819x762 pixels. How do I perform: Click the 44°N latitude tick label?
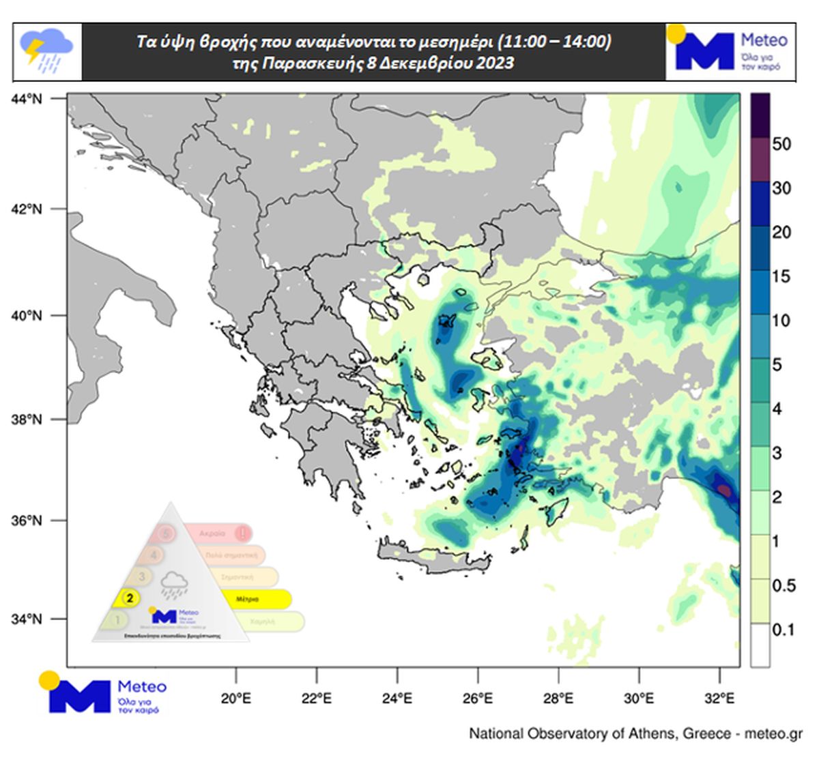(27, 100)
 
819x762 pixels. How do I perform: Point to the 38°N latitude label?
(27, 420)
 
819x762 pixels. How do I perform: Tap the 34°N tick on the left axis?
(27, 619)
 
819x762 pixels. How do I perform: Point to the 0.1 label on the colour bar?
(783, 629)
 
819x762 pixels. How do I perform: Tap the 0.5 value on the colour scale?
(783, 585)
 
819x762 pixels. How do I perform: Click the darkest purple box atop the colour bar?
(760, 115)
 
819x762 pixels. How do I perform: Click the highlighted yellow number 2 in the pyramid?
(130, 598)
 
